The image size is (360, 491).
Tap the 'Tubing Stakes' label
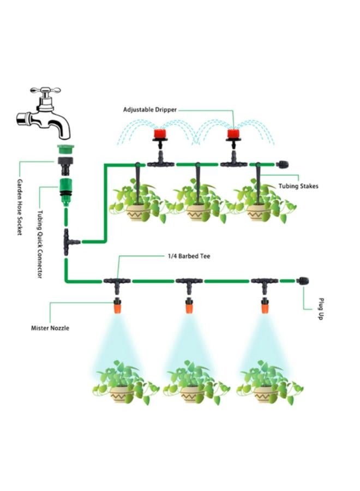point(299,186)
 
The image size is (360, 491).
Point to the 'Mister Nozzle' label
point(50,328)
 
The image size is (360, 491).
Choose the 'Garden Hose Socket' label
point(20,207)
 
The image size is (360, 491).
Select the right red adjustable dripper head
point(234,134)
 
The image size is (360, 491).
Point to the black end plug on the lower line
point(302,281)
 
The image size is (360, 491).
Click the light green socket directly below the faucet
point(65,149)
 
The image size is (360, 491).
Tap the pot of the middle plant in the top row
point(197,213)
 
